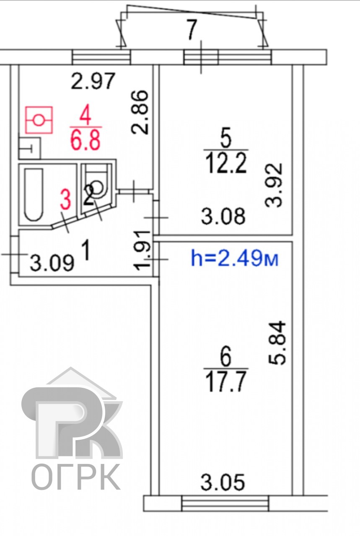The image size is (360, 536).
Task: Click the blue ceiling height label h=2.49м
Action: pyautogui.click(x=235, y=258)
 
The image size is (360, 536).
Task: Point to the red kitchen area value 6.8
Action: pyautogui.click(x=85, y=140)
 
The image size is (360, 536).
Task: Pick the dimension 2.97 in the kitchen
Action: pyautogui.click(x=93, y=81)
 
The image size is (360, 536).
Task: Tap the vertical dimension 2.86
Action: pyautogui.click(x=140, y=112)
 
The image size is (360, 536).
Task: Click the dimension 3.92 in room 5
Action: pyautogui.click(x=274, y=185)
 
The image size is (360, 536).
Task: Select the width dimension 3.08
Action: pyautogui.click(x=223, y=216)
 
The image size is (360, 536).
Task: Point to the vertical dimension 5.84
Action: pyautogui.click(x=277, y=344)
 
